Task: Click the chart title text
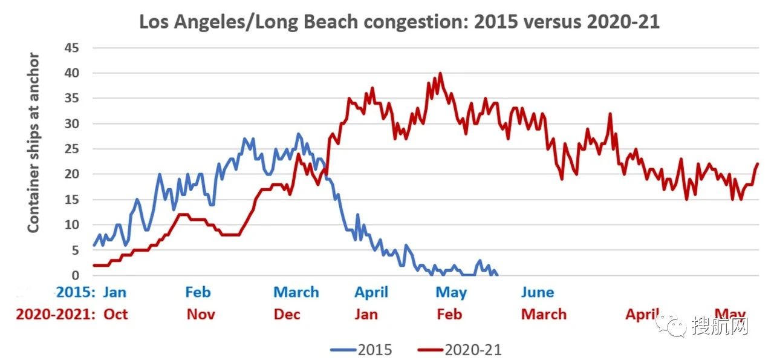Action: click(399, 22)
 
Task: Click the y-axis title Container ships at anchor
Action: click(34, 143)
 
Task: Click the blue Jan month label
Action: click(115, 292)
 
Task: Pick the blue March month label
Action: click(296, 292)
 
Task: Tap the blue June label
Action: click(537, 292)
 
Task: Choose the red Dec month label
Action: click(287, 314)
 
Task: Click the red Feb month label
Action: click(449, 314)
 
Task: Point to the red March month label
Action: click(544, 314)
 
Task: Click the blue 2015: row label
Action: click(76, 292)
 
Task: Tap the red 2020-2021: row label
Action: click(56, 314)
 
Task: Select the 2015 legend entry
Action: click(362, 349)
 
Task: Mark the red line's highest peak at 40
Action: click(440, 74)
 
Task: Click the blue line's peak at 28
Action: click(298, 134)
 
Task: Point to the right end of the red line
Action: click(758, 164)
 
